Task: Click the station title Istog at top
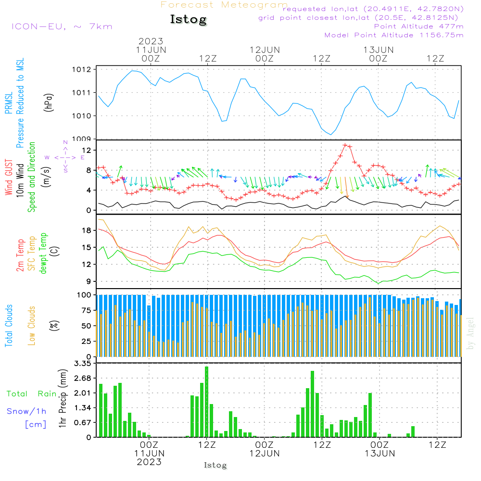pos(188,20)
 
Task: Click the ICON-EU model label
pos(62,26)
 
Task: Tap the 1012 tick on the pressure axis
pos(82,70)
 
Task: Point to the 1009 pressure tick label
pos(82,139)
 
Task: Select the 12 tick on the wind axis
pos(87,151)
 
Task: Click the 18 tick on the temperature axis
pos(87,230)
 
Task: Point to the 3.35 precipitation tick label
pos(82,364)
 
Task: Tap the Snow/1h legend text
pos(26,411)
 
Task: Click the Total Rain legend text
pos(31,393)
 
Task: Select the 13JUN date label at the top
pos(379,50)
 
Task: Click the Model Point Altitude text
pos(394,35)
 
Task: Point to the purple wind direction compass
pos(65,157)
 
